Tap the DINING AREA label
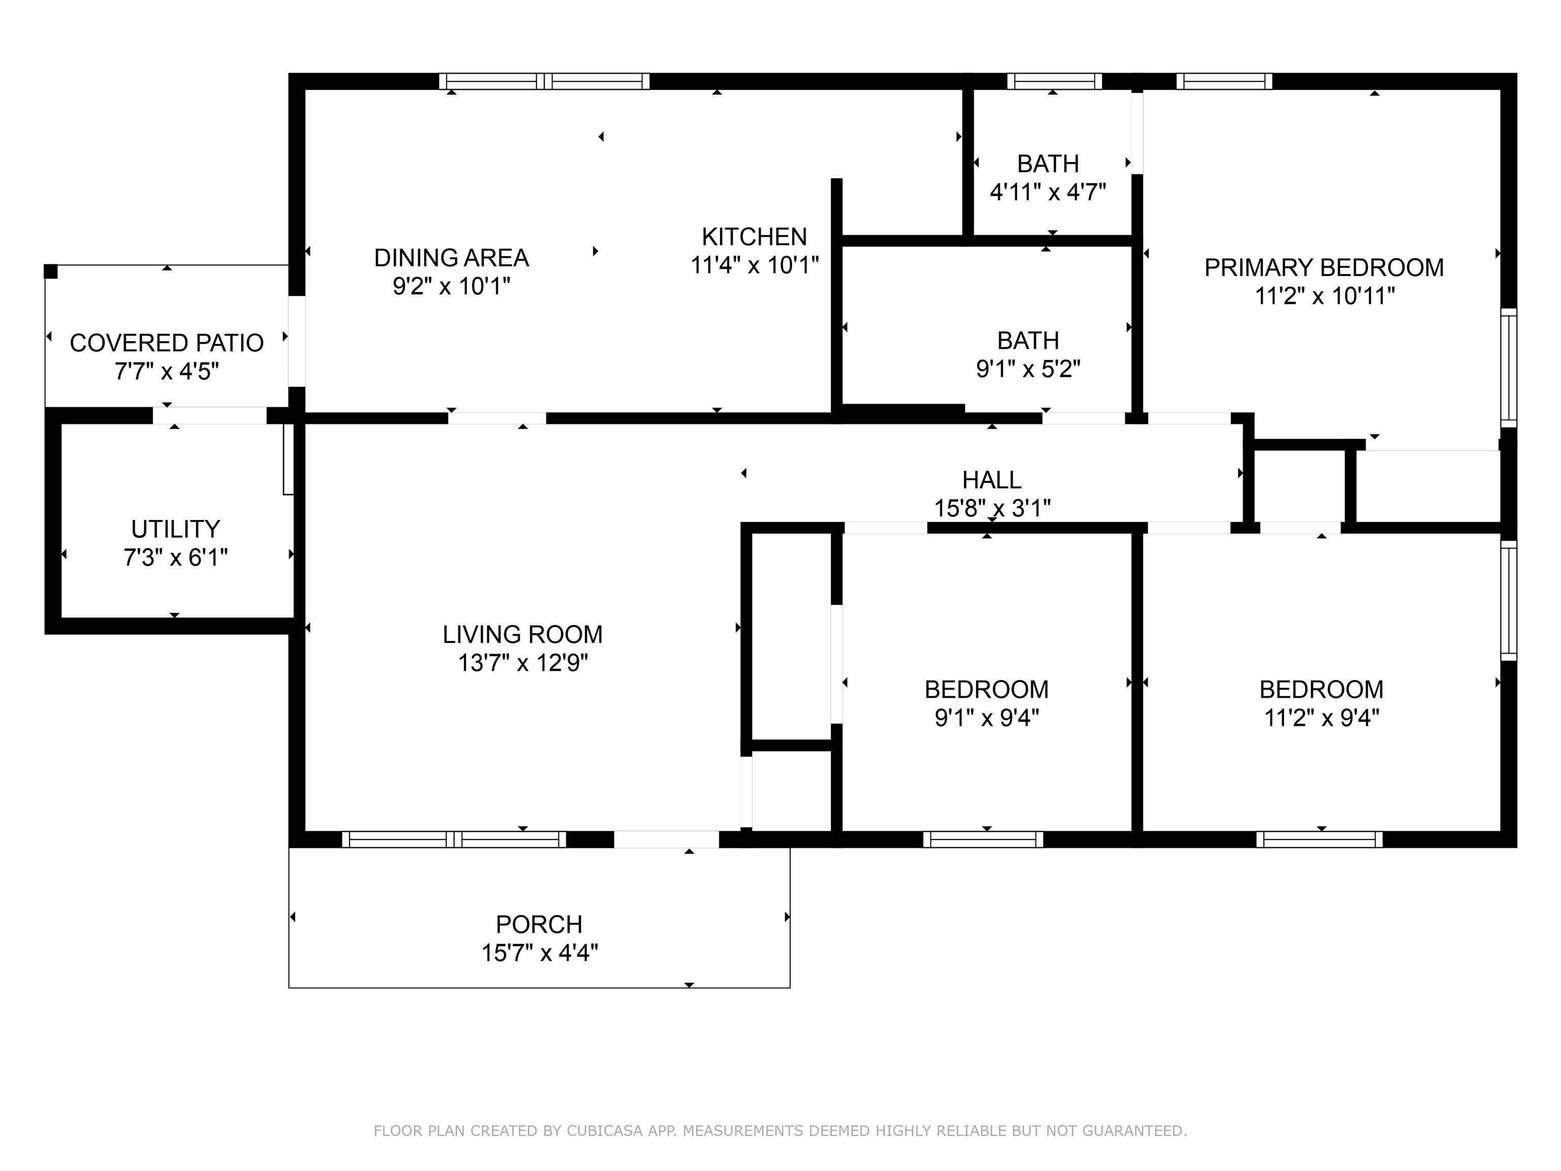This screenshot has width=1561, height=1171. pos(452,258)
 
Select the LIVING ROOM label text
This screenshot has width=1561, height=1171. pos(523,635)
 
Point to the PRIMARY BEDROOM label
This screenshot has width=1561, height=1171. pos(1324,267)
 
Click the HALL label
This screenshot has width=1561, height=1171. pos(991,480)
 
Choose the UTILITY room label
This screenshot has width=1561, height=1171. pos(176,530)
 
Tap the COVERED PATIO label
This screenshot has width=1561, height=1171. pos(167,343)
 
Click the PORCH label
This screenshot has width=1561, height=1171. pos(539,925)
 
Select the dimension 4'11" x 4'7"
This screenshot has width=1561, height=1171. pos(1048,192)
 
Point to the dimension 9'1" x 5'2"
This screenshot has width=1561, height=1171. pos(1028,368)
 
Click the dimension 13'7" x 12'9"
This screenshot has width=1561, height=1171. pos(523,663)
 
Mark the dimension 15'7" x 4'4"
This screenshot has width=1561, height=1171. pos(539,953)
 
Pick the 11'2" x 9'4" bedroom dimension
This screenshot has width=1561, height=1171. pos(1322,718)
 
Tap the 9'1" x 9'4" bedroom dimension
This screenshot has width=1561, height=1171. pos(987,718)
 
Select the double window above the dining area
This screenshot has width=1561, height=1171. pos(544,81)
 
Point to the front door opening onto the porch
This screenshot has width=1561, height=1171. pos(666,839)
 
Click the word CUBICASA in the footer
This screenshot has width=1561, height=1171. pos(605,1131)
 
